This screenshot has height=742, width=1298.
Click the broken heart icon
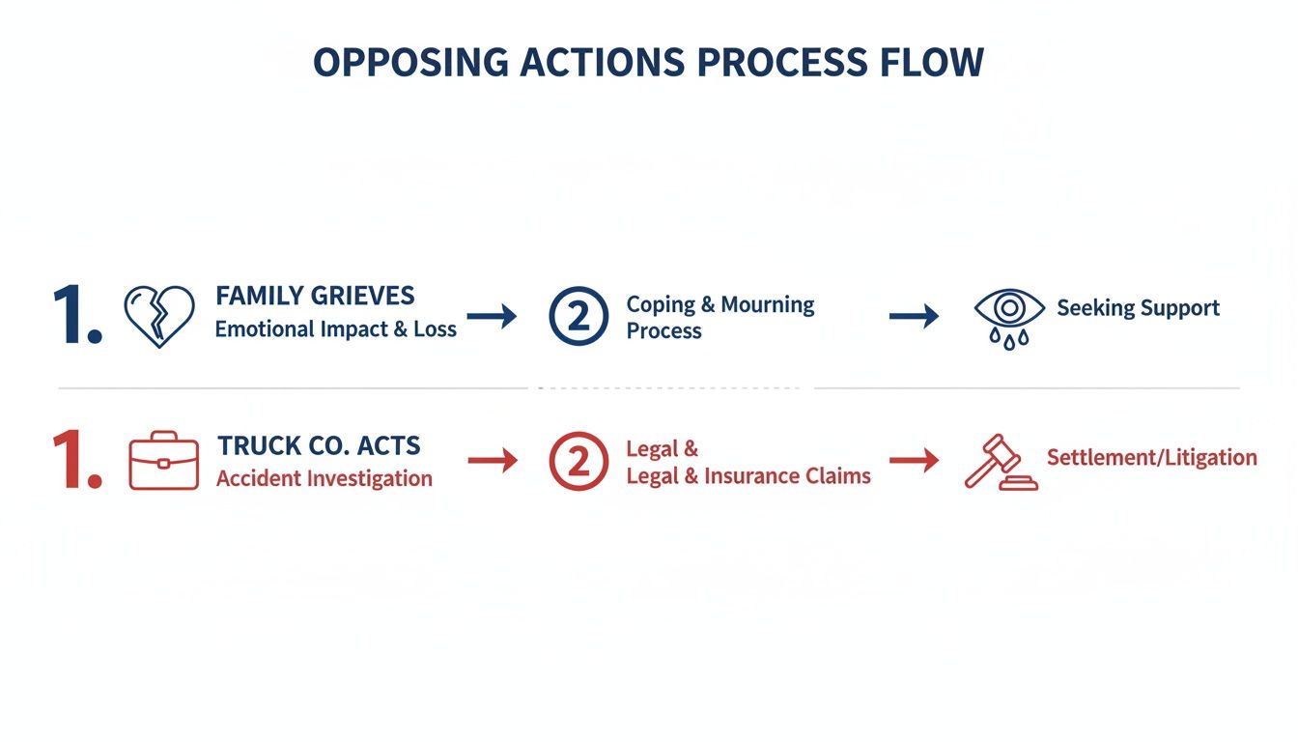[x=158, y=316]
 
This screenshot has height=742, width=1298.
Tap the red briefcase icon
[x=164, y=461]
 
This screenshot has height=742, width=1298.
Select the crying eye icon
[x=1009, y=317]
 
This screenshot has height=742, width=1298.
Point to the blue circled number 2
[x=578, y=316]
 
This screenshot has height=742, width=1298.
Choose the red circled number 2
[x=578, y=461]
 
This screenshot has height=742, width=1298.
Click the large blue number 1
[x=75, y=315]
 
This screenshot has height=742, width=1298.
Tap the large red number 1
[x=75, y=461]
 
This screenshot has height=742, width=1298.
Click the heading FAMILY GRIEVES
[x=315, y=295]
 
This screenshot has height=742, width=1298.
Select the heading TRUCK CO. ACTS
[x=319, y=445]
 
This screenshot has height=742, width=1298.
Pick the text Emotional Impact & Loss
[x=335, y=328]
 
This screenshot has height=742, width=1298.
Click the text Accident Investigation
[x=324, y=478]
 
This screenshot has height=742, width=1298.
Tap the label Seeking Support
[x=1138, y=308]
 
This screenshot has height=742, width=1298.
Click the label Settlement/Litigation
[x=1151, y=457]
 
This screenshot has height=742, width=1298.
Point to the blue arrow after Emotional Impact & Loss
[x=492, y=316]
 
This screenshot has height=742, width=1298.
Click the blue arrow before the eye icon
[x=914, y=316]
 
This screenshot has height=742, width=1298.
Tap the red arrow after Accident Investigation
[x=493, y=461]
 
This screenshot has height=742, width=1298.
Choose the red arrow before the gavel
[x=914, y=461]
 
